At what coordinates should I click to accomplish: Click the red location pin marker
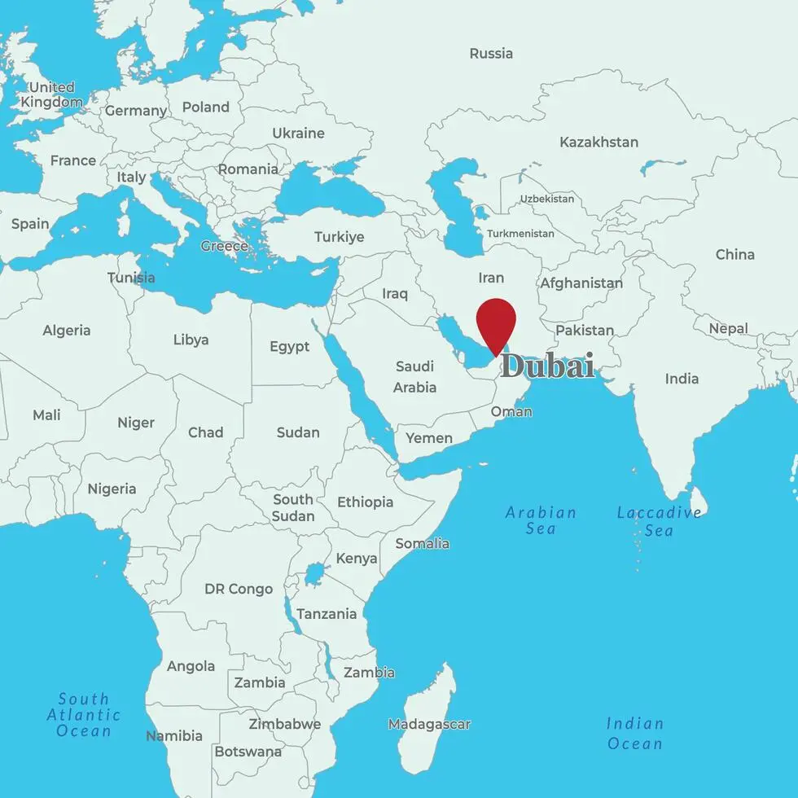496,320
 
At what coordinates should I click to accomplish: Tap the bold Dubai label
546,366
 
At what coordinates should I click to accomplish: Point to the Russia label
491,54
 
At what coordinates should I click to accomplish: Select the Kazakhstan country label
598,142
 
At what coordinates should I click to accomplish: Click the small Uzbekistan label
546,199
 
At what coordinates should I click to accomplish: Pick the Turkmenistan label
520,234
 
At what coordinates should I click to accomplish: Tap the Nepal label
728,329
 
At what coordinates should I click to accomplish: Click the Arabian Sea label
541,520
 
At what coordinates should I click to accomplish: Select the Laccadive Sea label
659,521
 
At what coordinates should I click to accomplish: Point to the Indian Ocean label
635,733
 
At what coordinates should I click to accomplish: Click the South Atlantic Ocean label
84,714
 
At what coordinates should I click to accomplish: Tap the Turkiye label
340,237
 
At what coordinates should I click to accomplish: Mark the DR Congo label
239,589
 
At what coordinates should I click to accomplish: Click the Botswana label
248,752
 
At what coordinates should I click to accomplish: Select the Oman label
511,411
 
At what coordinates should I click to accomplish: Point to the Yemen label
429,438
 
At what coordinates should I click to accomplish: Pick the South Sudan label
293,507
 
